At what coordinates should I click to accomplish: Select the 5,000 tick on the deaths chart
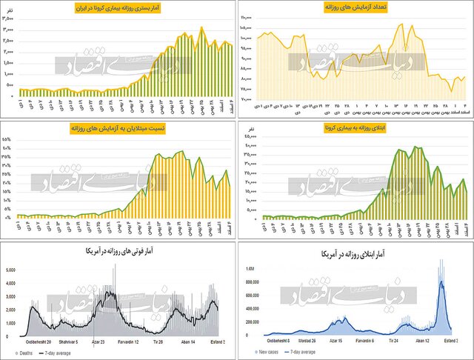(10, 270)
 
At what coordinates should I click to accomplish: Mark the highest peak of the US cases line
(441, 281)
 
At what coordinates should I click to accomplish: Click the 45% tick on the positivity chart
(6, 139)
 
